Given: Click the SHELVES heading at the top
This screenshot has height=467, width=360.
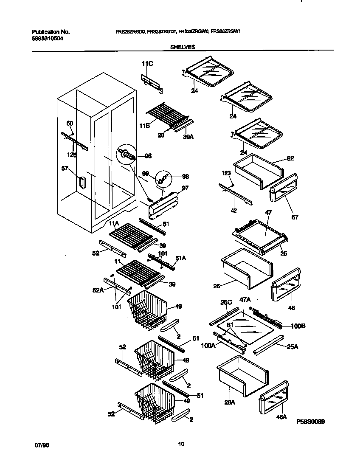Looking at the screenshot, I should [183, 48].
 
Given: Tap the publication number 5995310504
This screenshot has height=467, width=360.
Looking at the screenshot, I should [48, 38].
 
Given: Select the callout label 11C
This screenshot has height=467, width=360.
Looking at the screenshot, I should [147, 64].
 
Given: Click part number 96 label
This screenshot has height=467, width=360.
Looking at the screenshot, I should [148, 156].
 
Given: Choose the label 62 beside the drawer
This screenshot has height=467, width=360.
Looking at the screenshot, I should [290, 158].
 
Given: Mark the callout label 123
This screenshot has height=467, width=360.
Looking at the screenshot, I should [226, 173].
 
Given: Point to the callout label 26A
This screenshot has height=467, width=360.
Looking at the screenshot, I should [229, 402].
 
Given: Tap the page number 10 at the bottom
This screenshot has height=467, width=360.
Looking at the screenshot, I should [181, 444].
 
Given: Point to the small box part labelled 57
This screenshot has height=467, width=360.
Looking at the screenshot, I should [82, 183].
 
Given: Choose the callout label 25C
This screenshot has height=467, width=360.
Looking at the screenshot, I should [225, 303].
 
